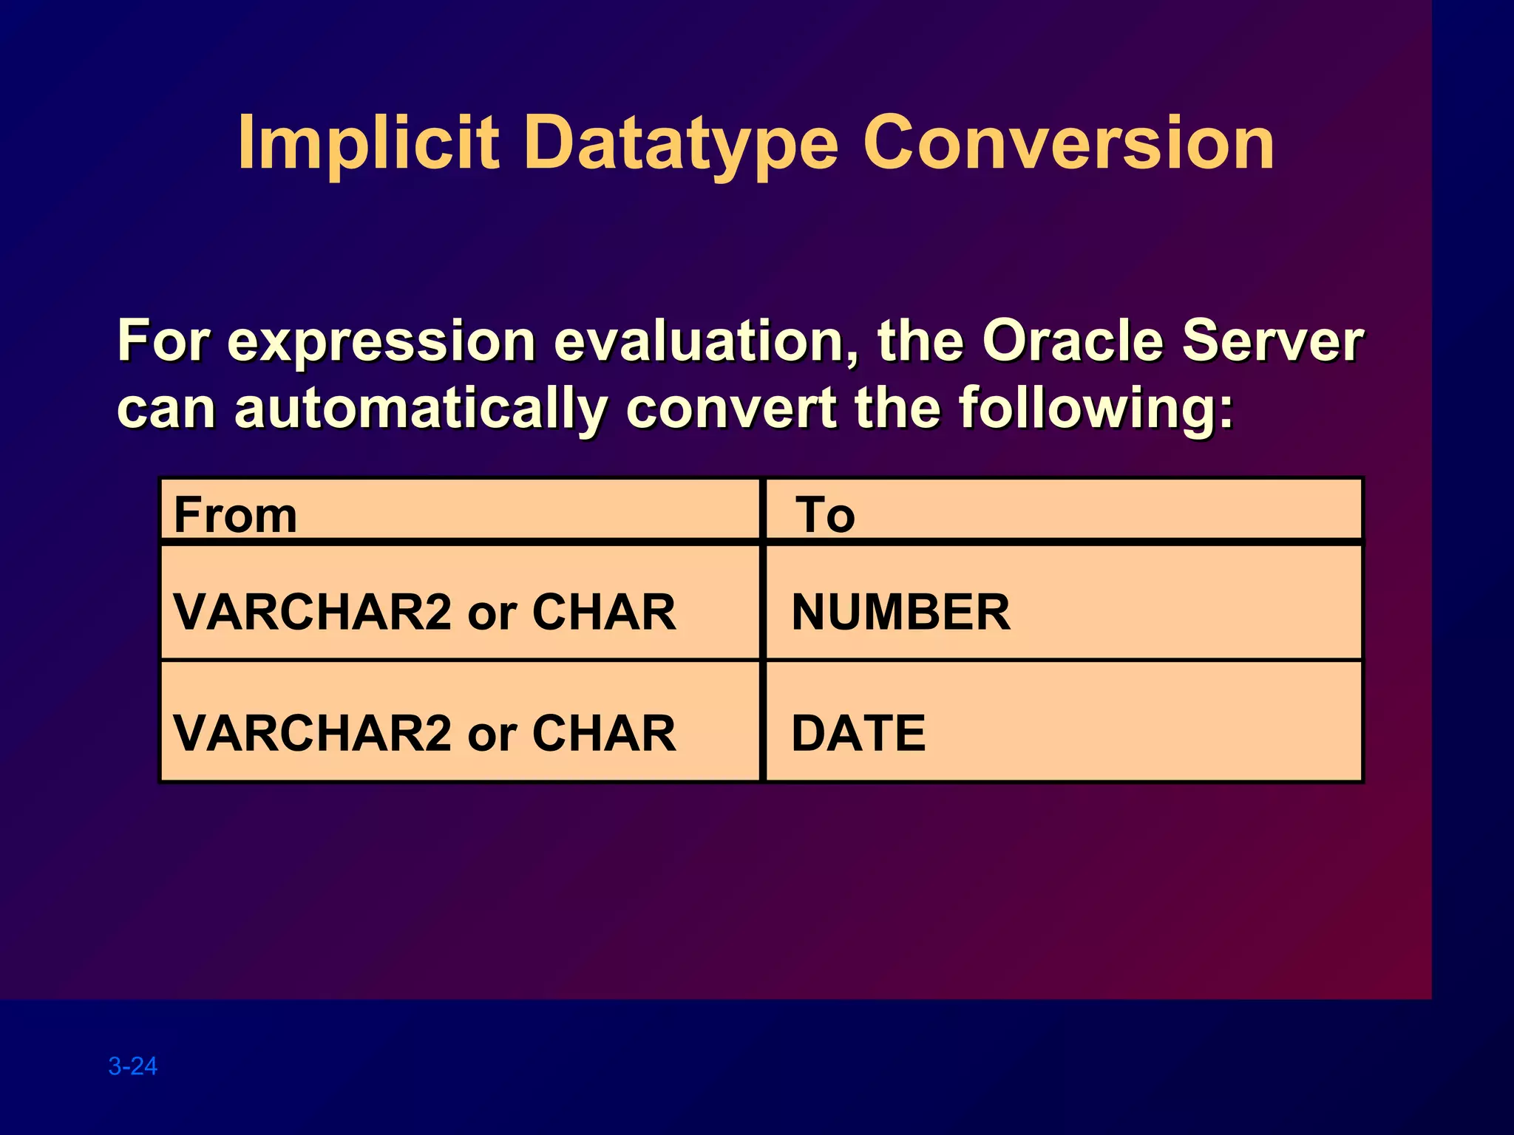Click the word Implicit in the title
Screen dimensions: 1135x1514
pos(367,143)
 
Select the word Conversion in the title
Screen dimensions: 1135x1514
pos(1067,143)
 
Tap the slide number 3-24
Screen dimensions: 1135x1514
pos(133,1066)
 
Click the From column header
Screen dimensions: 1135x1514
pos(235,514)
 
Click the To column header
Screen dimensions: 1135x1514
pos(825,514)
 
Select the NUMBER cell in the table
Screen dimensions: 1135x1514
pos(900,612)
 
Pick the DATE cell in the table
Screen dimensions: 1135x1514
pos(858,733)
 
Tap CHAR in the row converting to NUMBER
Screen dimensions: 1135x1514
pos(603,612)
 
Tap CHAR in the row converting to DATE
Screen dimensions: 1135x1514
pos(603,733)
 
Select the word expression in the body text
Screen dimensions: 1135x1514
pos(381,342)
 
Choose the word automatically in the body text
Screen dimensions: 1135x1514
pos(421,409)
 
